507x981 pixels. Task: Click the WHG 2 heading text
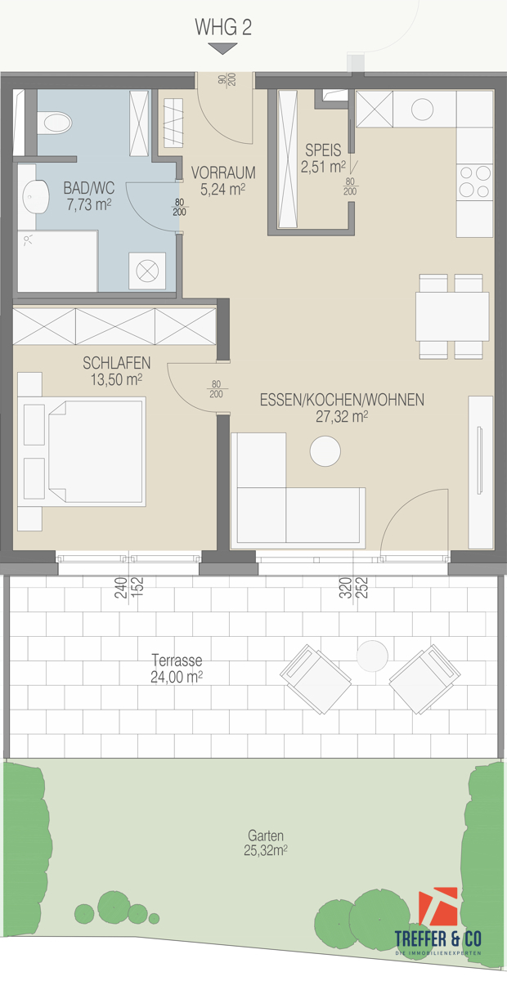click(x=222, y=27)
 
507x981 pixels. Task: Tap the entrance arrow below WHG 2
click(x=222, y=49)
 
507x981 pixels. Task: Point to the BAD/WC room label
click(x=88, y=189)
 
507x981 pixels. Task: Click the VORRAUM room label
click(x=223, y=173)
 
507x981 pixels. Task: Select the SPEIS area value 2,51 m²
click(x=323, y=168)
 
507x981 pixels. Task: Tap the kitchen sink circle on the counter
click(x=423, y=109)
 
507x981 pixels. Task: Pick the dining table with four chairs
click(x=452, y=316)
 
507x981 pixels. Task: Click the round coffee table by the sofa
click(x=324, y=450)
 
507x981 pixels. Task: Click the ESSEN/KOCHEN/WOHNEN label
click(x=341, y=401)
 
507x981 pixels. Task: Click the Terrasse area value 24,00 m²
click(x=177, y=676)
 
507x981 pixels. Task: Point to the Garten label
click(x=266, y=835)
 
